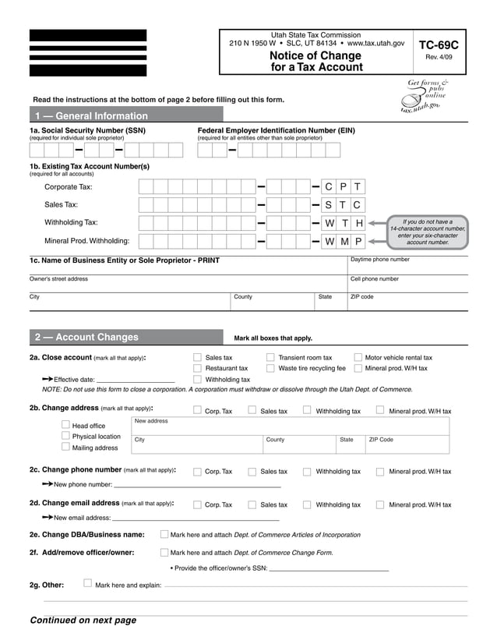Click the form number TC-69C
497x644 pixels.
click(438, 45)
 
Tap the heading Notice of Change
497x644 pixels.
click(315, 56)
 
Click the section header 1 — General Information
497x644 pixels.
click(90, 115)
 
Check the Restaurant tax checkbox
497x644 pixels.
click(197, 368)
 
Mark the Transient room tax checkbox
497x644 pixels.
click(270, 358)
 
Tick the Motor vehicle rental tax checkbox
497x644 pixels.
click(358, 358)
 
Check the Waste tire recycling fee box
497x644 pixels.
click(270, 368)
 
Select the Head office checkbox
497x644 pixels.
click(65, 425)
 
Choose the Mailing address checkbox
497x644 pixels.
click(65, 447)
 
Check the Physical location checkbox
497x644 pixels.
click(65, 436)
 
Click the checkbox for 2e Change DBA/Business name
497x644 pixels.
click(164, 534)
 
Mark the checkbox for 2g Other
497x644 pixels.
click(87, 582)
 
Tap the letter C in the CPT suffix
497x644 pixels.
click(329, 186)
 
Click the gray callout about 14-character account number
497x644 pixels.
click(428, 232)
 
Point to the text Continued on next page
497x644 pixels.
click(83, 621)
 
